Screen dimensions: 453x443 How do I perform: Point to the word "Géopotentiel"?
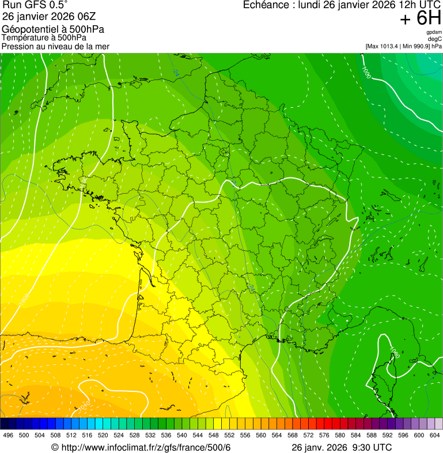[x=28, y=29]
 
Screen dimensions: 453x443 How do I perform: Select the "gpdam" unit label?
[x=434, y=32]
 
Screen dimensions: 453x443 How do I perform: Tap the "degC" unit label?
[x=436, y=39]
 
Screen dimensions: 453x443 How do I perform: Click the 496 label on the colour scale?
[x=8, y=435]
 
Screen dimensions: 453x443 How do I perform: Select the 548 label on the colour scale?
[x=212, y=435]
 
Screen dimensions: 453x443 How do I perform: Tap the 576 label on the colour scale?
[x=324, y=435]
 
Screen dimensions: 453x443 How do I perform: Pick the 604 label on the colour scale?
[x=435, y=435]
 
